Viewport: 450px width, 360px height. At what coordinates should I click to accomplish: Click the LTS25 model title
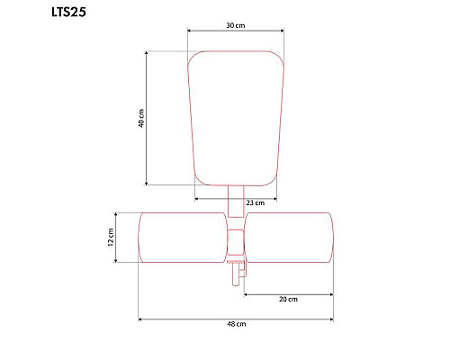(68, 12)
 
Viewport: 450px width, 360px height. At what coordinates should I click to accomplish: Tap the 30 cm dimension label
(236, 25)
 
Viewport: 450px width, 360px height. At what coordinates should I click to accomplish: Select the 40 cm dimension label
(141, 118)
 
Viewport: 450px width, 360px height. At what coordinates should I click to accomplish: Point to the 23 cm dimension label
(256, 203)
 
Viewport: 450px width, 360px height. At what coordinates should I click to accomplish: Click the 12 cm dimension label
(111, 238)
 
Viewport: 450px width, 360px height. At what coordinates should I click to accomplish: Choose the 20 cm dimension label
(288, 299)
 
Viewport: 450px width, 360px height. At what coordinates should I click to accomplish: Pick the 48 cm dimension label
(237, 324)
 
